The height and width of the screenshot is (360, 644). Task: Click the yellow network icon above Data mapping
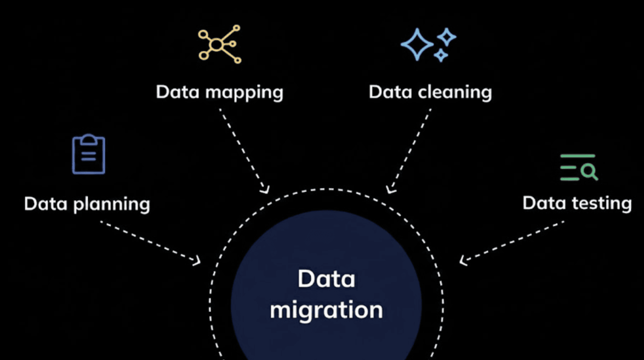click(219, 44)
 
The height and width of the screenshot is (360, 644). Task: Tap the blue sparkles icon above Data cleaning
click(428, 45)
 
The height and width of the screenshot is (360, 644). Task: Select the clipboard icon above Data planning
click(89, 154)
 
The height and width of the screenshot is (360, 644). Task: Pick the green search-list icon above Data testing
click(579, 167)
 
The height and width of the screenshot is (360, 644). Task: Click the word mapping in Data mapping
click(244, 93)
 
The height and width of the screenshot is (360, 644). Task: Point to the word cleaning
click(455, 93)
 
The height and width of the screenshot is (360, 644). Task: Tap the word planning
click(111, 204)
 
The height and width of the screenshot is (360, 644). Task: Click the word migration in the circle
click(326, 311)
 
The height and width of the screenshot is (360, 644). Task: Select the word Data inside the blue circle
click(326, 279)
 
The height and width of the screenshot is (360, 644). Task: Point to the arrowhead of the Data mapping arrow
click(265, 189)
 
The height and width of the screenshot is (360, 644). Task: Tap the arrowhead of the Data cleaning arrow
click(389, 189)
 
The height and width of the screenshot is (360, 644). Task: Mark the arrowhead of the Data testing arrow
click(463, 261)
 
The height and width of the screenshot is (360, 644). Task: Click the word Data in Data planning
click(45, 204)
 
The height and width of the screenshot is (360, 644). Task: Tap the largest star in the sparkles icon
click(417, 44)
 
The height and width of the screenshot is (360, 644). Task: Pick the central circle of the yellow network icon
click(217, 45)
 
